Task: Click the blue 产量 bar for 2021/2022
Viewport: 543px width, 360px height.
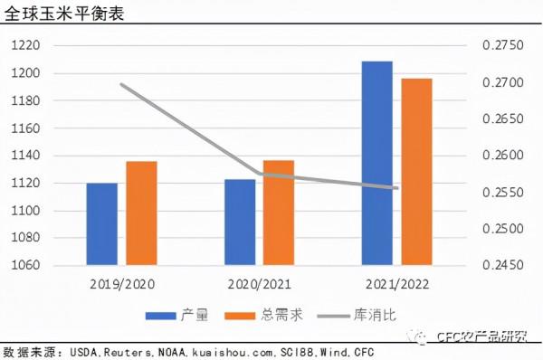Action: click(377, 164)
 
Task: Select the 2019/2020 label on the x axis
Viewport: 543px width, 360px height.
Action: click(123, 283)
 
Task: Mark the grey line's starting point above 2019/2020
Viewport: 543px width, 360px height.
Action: click(122, 84)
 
